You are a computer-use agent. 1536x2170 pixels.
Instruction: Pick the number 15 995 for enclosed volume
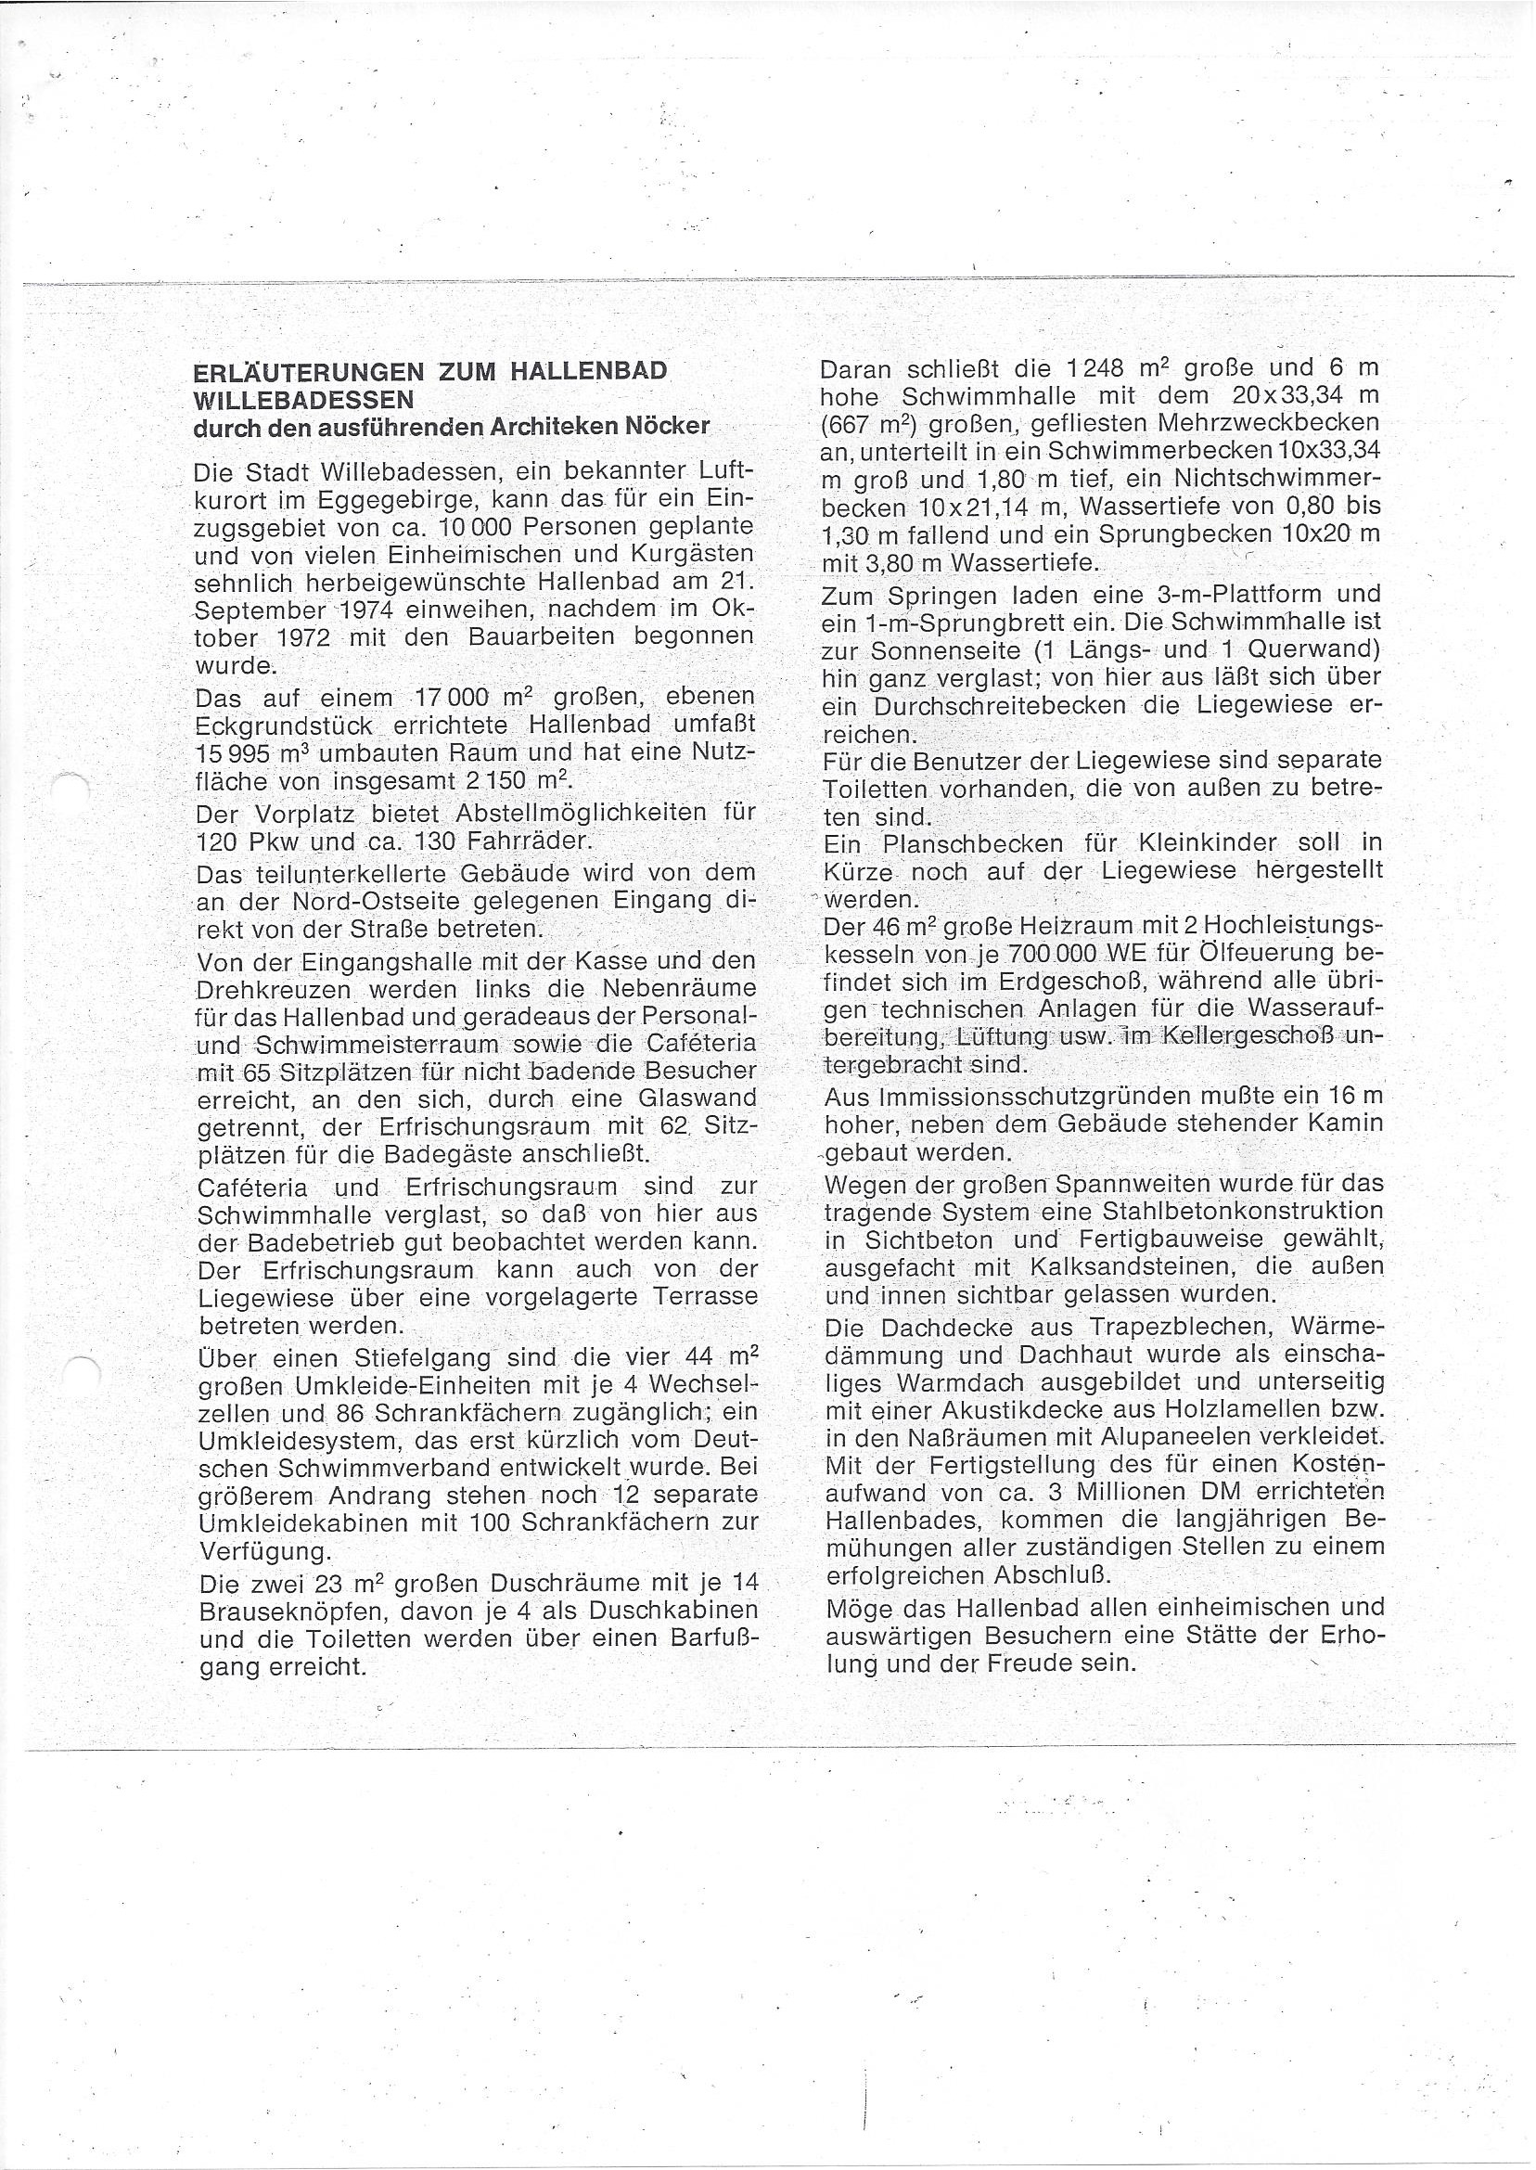coord(221,754)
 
